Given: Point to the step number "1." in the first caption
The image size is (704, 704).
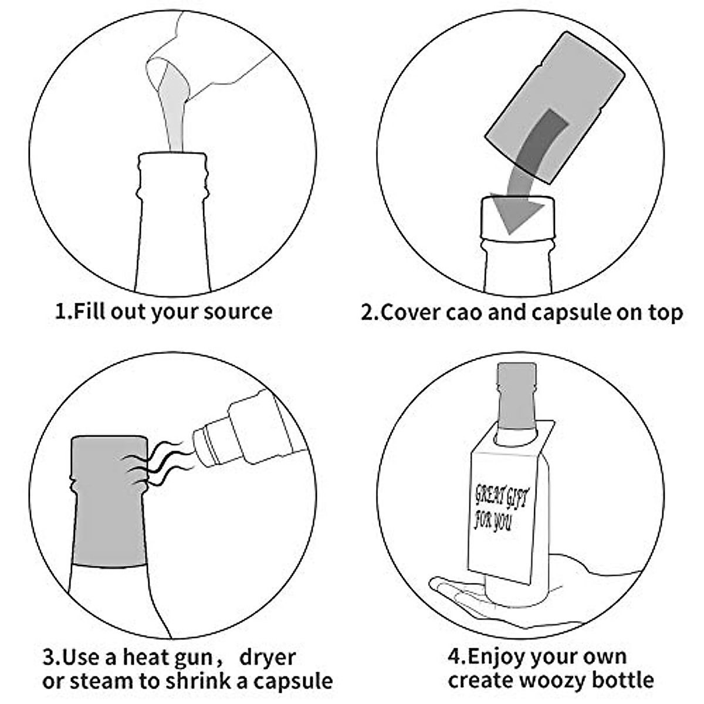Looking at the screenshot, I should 64,311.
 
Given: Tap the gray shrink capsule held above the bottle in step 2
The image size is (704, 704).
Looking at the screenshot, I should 554,106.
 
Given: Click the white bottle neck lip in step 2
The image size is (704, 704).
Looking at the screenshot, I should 516,235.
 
